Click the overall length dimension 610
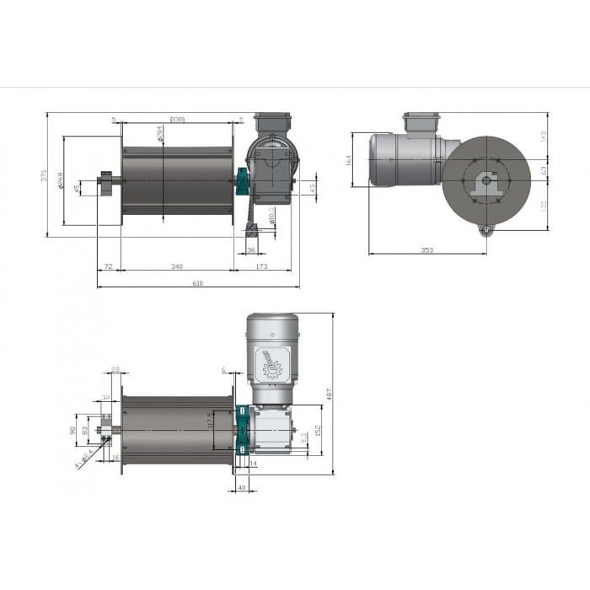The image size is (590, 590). (197, 284)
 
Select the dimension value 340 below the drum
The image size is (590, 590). (175, 266)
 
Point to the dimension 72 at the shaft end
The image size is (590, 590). (108, 266)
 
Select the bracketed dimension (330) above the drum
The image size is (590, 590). (177, 120)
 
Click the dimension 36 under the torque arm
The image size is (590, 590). (252, 250)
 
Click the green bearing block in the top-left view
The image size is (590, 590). (239, 180)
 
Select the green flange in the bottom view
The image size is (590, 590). (241, 431)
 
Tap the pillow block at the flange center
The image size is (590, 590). (485, 183)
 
